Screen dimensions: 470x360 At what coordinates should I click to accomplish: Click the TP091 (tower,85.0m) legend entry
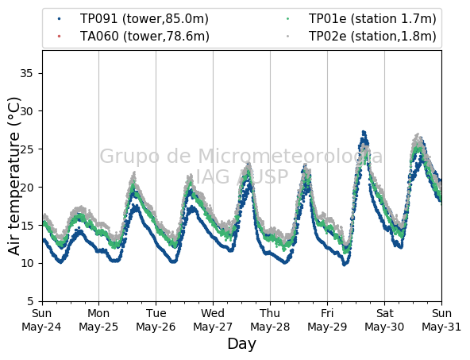[133, 19]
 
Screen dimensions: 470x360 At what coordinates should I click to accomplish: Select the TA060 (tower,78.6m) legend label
[133, 37]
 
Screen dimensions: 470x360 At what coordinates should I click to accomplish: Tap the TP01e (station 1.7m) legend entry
[361, 19]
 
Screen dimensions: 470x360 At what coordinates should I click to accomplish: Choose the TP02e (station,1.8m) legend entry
[361, 37]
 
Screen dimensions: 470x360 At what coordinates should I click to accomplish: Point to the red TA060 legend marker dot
[59, 37]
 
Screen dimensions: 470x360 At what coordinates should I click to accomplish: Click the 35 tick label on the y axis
[26, 73]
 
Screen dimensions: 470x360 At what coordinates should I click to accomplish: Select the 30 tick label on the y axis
[26, 111]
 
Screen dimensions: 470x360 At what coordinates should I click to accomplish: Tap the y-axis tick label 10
[26, 263]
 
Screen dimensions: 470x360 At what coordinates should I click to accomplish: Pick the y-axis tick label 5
[29, 301]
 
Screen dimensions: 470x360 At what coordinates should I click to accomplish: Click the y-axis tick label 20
[26, 188]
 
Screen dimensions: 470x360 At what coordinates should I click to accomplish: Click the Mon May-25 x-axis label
[98, 320]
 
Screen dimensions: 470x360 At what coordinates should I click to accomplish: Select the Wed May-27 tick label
[213, 320]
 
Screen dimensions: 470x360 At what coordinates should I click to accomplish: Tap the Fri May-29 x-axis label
[327, 320]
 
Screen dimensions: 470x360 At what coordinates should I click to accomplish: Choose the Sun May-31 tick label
[441, 320]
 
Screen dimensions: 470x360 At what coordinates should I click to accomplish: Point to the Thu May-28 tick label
[270, 320]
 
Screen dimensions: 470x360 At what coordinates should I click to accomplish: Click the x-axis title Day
[242, 344]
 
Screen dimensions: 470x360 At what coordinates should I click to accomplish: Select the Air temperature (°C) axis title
[14, 176]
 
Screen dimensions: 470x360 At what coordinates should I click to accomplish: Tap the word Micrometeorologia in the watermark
[290, 157]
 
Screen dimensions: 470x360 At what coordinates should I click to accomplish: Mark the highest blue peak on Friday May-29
[364, 132]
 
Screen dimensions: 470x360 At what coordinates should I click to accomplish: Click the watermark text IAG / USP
[242, 176]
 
